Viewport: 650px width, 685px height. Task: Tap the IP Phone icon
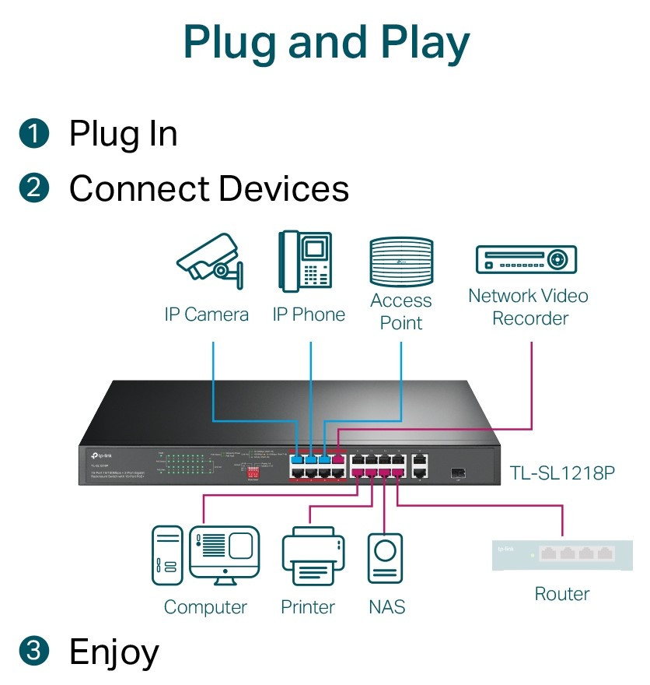tap(309, 262)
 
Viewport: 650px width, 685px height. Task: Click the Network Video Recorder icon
tap(526, 259)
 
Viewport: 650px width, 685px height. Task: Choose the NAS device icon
tap(386, 558)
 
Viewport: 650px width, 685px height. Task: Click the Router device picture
tap(553, 555)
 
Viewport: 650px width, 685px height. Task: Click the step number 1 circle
tap(35, 133)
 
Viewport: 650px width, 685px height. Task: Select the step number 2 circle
tap(35, 188)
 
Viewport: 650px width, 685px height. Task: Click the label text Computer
tap(205, 607)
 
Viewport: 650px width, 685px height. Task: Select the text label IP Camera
tap(206, 314)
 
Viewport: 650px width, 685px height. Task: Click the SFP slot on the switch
tap(456, 471)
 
